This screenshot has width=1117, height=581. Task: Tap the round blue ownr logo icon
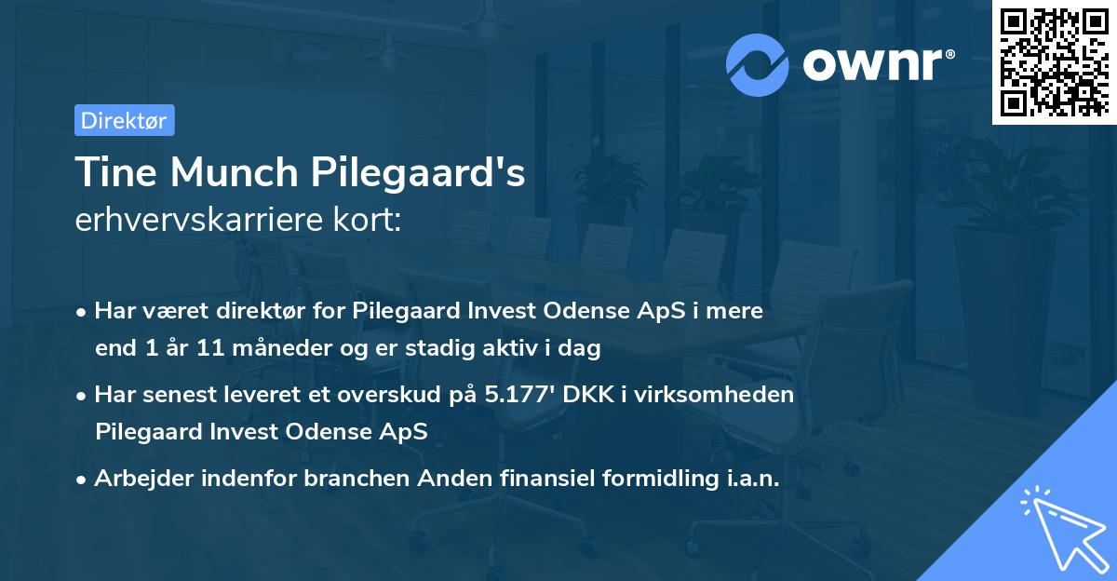(x=758, y=64)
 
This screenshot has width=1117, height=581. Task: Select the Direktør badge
(x=124, y=120)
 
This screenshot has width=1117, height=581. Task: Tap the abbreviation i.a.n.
(x=749, y=479)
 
